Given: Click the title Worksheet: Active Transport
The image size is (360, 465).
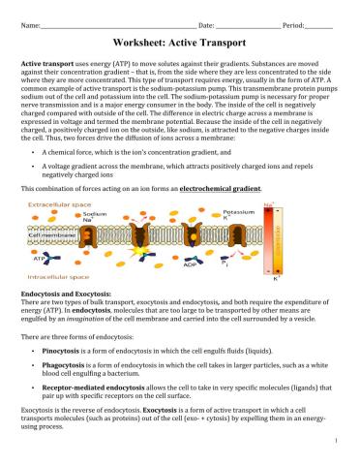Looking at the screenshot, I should point(180,43).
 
